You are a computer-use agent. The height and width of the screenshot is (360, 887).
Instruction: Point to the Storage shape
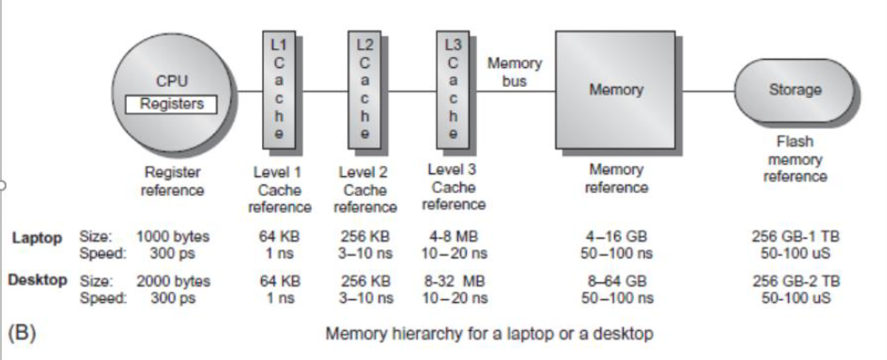tap(794, 91)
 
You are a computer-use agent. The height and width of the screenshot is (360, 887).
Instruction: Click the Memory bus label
tap(514, 73)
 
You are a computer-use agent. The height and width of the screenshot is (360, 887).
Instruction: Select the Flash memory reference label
tap(794, 159)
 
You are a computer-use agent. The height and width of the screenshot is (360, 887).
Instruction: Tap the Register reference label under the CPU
tap(173, 179)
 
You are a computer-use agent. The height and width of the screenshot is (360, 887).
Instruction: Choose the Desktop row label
tap(37, 280)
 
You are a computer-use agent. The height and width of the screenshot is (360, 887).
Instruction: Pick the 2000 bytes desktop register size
tap(173, 280)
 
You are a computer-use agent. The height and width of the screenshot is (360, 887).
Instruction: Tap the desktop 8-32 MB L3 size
tap(451, 280)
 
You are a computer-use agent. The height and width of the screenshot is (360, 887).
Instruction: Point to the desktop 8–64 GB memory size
tap(619, 280)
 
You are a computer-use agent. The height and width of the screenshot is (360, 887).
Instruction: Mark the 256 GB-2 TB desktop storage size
tap(795, 280)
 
